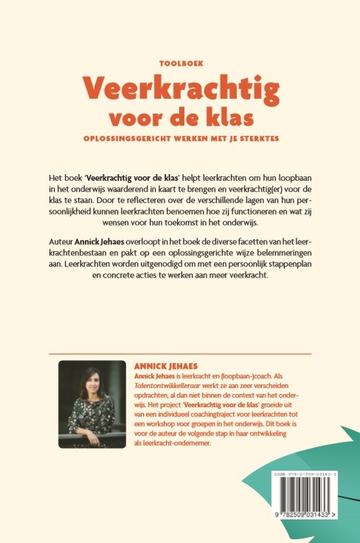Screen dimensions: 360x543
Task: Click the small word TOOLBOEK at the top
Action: (x=180, y=64)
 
